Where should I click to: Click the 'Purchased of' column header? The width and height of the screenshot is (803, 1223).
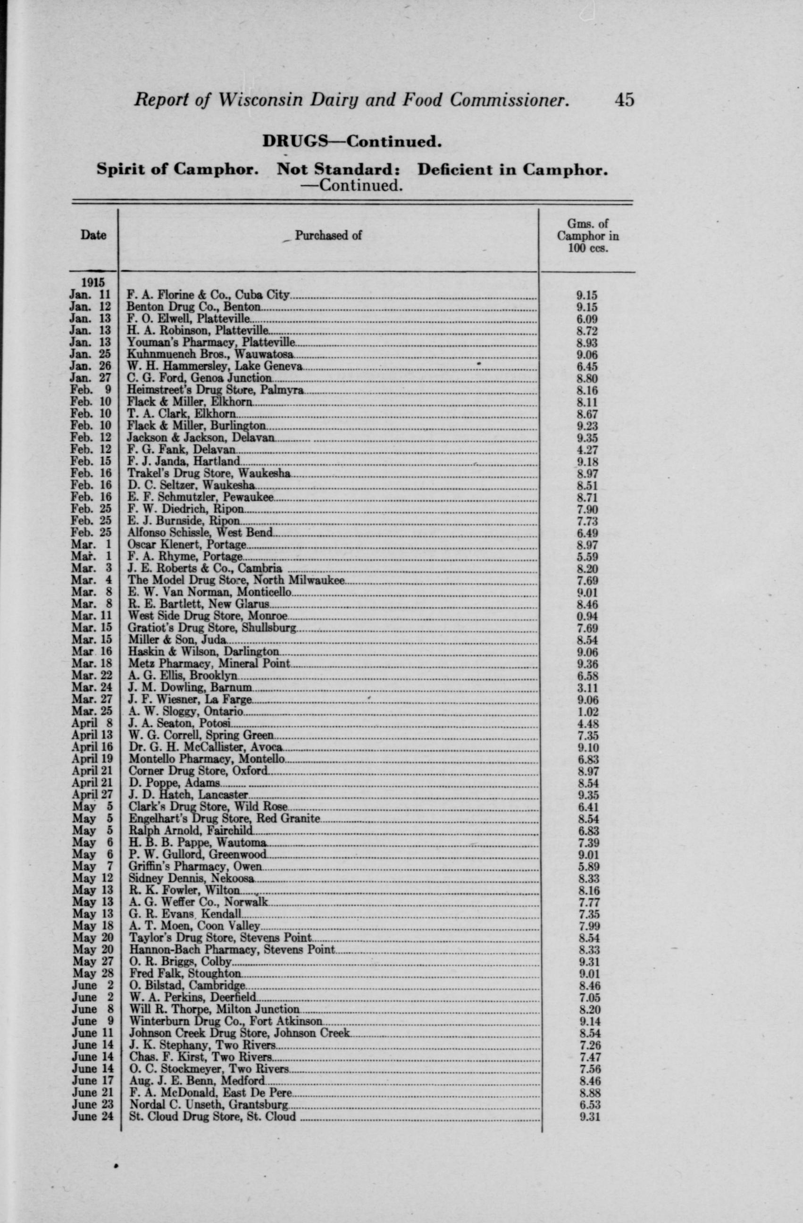pyautogui.click(x=328, y=235)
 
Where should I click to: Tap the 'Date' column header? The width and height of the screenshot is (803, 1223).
pyautogui.click(x=93, y=235)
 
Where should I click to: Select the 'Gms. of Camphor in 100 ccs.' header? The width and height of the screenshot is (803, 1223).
pyautogui.click(x=588, y=236)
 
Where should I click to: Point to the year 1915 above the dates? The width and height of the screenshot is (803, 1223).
pyautogui.click(x=92, y=283)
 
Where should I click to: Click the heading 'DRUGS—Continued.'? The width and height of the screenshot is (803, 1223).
pyautogui.click(x=352, y=141)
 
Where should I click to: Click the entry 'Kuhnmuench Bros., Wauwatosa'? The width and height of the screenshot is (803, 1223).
pyautogui.click(x=210, y=354)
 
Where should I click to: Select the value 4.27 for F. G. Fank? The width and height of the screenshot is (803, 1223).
pyautogui.click(x=587, y=450)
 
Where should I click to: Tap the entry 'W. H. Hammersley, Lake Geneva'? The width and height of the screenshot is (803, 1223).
pyautogui.click(x=215, y=367)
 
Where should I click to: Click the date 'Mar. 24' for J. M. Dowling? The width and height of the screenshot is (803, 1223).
pyautogui.click(x=92, y=687)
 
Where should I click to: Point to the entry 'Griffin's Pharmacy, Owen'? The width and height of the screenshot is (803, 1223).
pyautogui.click(x=195, y=866)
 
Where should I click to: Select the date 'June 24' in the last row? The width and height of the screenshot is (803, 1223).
pyautogui.click(x=92, y=1116)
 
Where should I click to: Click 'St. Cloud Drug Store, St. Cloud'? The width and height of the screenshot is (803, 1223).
pyautogui.click(x=212, y=1116)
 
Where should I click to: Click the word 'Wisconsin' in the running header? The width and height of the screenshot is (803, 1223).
pyautogui.click(x=260, y=100)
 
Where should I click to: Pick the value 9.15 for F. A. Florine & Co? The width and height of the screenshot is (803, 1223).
pyautogui.click(x=587, y=295)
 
